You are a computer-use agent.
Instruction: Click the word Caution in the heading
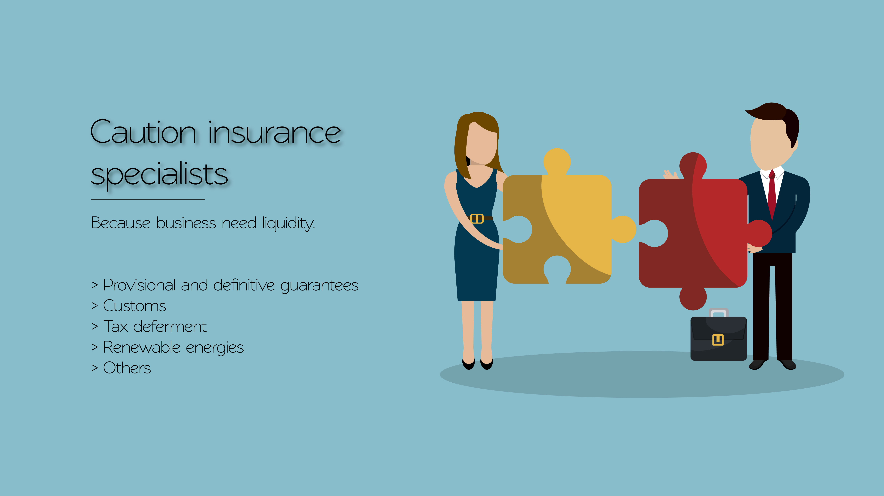point(143,132)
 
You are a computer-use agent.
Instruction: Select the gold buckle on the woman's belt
point(477,219)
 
